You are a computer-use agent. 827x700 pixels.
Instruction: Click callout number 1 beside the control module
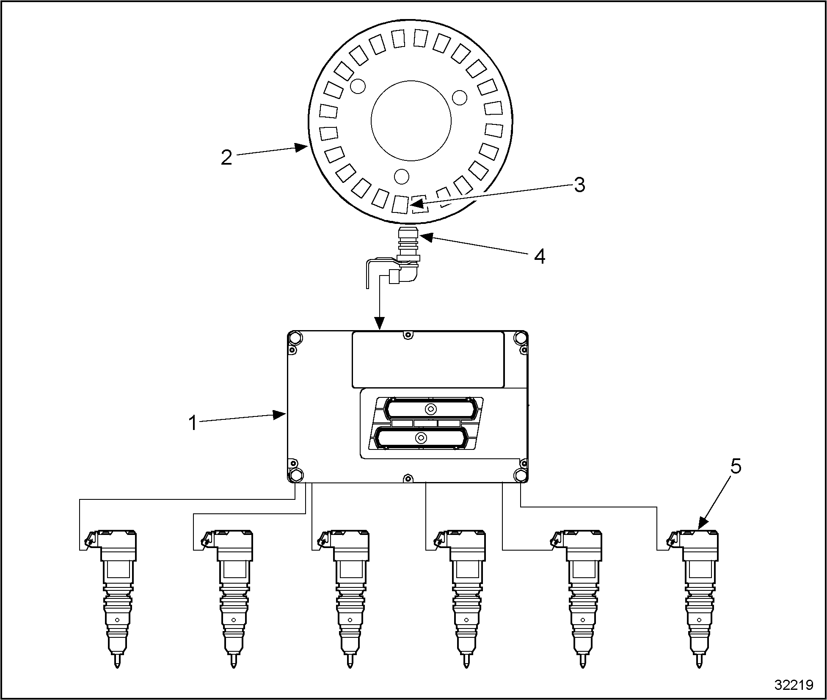point(193,423)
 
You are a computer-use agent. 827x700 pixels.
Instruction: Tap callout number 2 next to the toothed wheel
point(226,157)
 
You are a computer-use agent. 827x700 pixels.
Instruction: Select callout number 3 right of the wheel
point(579,185)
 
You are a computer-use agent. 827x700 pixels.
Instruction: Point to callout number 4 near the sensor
point(539,256)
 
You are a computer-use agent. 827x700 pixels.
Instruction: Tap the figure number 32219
point(794,685)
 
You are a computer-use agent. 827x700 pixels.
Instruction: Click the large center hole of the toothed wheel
point(411,121)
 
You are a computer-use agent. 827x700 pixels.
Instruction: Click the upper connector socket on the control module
point(431,409)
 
